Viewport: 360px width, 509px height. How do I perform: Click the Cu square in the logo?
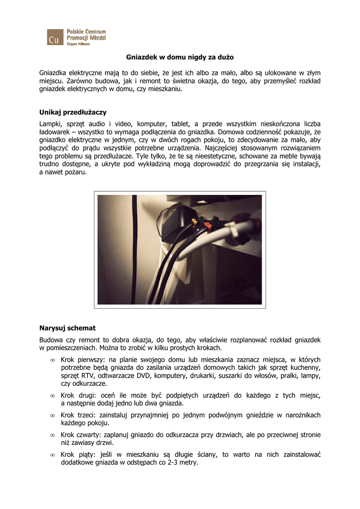click(x=55, y=37)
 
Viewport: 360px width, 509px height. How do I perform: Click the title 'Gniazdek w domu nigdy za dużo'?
click(x=180, y=57)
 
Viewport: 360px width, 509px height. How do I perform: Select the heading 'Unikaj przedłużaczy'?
click(x=73, y=112)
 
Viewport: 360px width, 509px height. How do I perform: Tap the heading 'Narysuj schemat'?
click(x=67, y=328)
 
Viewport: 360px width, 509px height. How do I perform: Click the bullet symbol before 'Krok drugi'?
click(x=52, y=396)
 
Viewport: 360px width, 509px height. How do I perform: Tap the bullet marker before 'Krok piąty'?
click(x=52, y=455)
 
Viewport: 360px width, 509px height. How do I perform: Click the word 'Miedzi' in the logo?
click(x=97, y=38)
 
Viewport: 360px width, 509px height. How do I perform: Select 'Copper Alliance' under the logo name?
click(x=78, y=44)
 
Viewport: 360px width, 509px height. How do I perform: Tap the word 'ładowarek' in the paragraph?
click(x=56, y=132)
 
